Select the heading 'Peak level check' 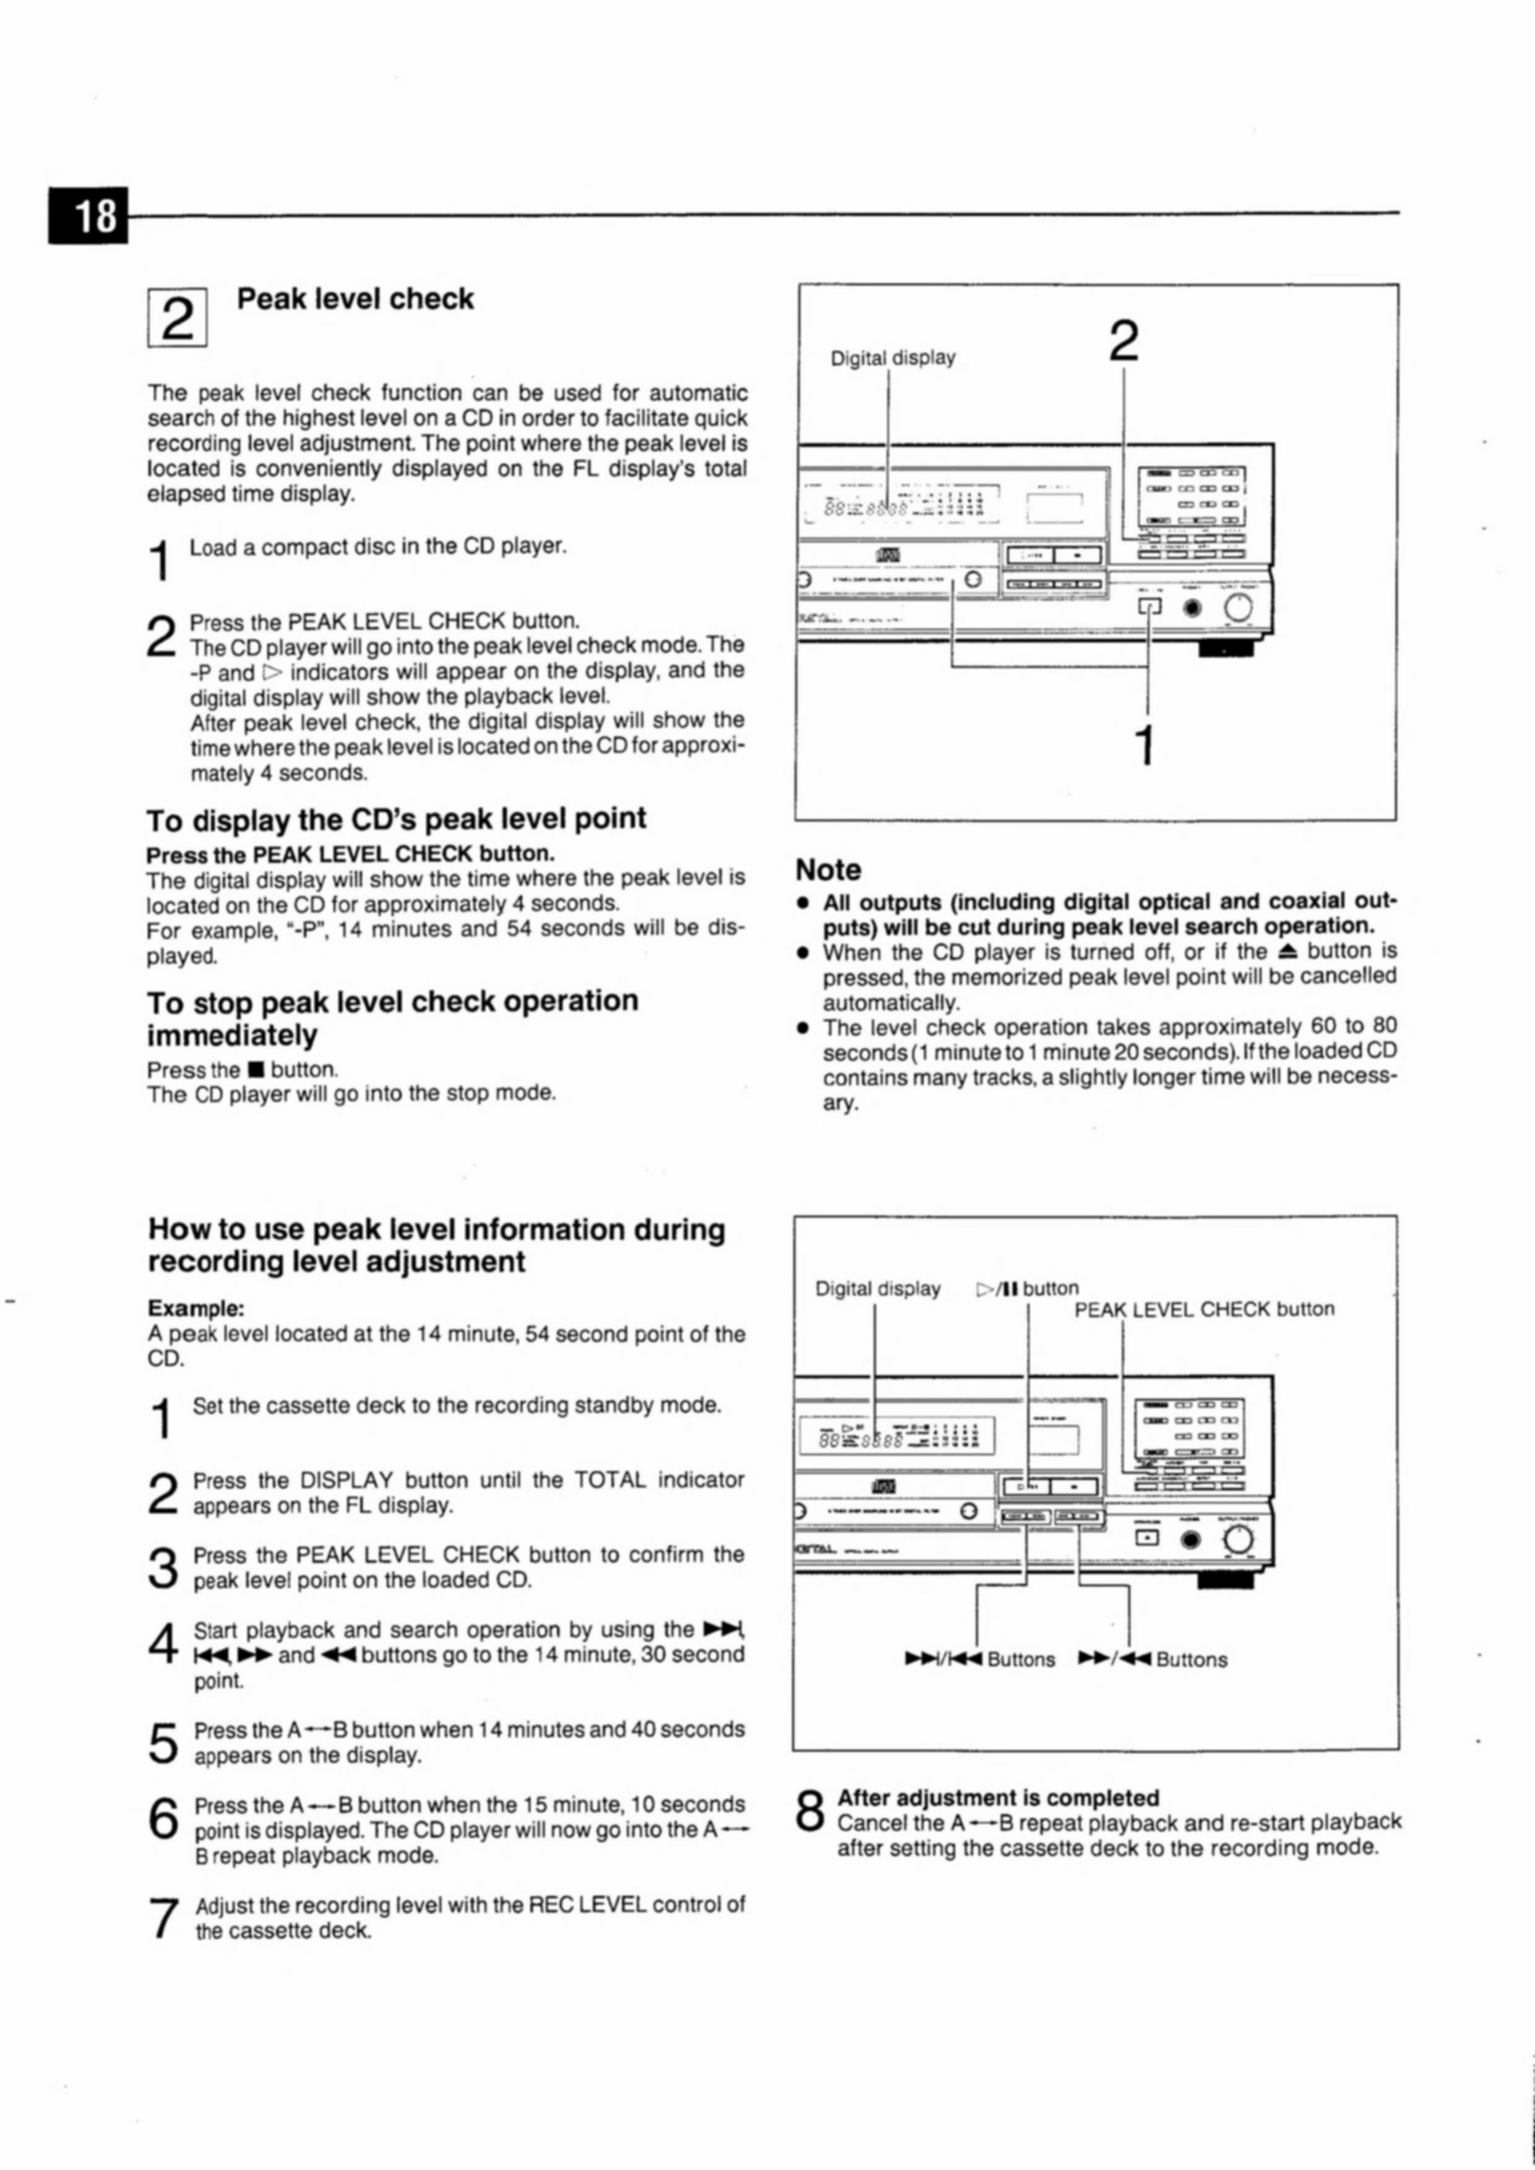[x=355, y=299]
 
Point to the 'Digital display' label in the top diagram [x=892, y=358]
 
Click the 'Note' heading [x=828, y=869]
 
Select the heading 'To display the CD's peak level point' [x=396, y=819]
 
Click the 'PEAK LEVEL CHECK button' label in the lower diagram [x=1204, y=1309]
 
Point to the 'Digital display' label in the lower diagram [x=877, y=1289]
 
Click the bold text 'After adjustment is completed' [x=998, y=1798]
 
